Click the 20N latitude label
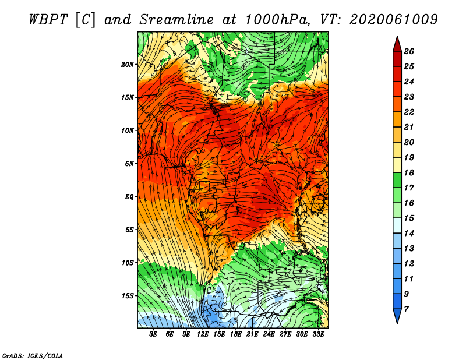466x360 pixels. click(x=128, y=65)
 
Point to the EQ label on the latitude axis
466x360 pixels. click(x=129, y=197)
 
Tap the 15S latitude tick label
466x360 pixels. click(x=128, y=296)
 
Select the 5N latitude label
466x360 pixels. click(x=129, y=164)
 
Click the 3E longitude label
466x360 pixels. click(x=153, y=334)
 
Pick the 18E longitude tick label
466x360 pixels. click(x=236, y=334)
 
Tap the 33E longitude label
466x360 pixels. click(x=318, y=334)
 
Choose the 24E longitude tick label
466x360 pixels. click(x=269, y=334)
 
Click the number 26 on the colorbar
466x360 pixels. click(x=409, y=51)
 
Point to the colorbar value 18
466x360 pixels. click(x=409, y=172)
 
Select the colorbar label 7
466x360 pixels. click(x=406, y=309)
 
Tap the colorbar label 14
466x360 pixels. click(x=409, y=234)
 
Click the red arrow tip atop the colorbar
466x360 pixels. click(x=397, y=36)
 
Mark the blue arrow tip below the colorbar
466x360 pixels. click(x=397, y=324)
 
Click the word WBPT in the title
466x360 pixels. click(x=48, y=20)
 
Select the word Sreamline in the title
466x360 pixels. click(x=176, y=20)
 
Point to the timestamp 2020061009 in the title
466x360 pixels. click(x=394, y=20)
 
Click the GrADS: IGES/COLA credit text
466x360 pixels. click(x=33, y=356)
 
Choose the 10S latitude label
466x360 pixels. click(x=128, y=263)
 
